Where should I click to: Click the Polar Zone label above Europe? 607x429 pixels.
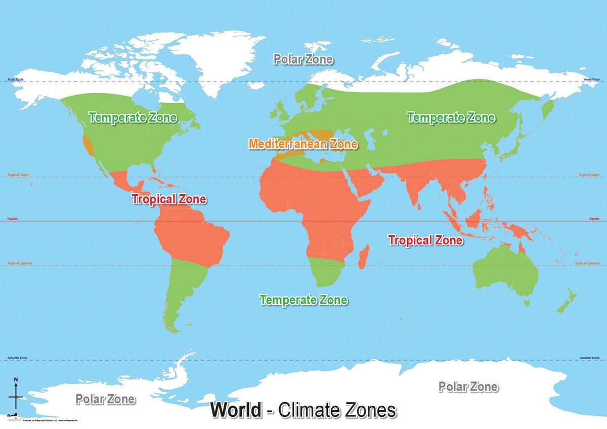[303, 59]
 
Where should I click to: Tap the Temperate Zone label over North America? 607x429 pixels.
[133, 117]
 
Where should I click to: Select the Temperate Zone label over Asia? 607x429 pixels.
[451, 117]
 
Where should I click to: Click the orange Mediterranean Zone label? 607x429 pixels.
[303, 144]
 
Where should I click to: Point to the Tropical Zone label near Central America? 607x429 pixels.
[169, 199]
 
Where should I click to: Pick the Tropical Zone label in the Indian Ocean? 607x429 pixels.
[425, 240]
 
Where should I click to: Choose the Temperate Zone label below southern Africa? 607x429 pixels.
[303, 299]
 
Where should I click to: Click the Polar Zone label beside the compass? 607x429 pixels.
[105, 399]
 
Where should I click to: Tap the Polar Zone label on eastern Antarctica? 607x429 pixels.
[468, 387]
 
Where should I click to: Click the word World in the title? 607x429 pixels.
[236, 409]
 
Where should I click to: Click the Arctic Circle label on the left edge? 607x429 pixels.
[15, 79]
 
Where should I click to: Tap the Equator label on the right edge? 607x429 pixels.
[594, 219]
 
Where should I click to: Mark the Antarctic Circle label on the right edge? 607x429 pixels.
[590, 358]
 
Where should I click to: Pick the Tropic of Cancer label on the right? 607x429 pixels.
[589, 175]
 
